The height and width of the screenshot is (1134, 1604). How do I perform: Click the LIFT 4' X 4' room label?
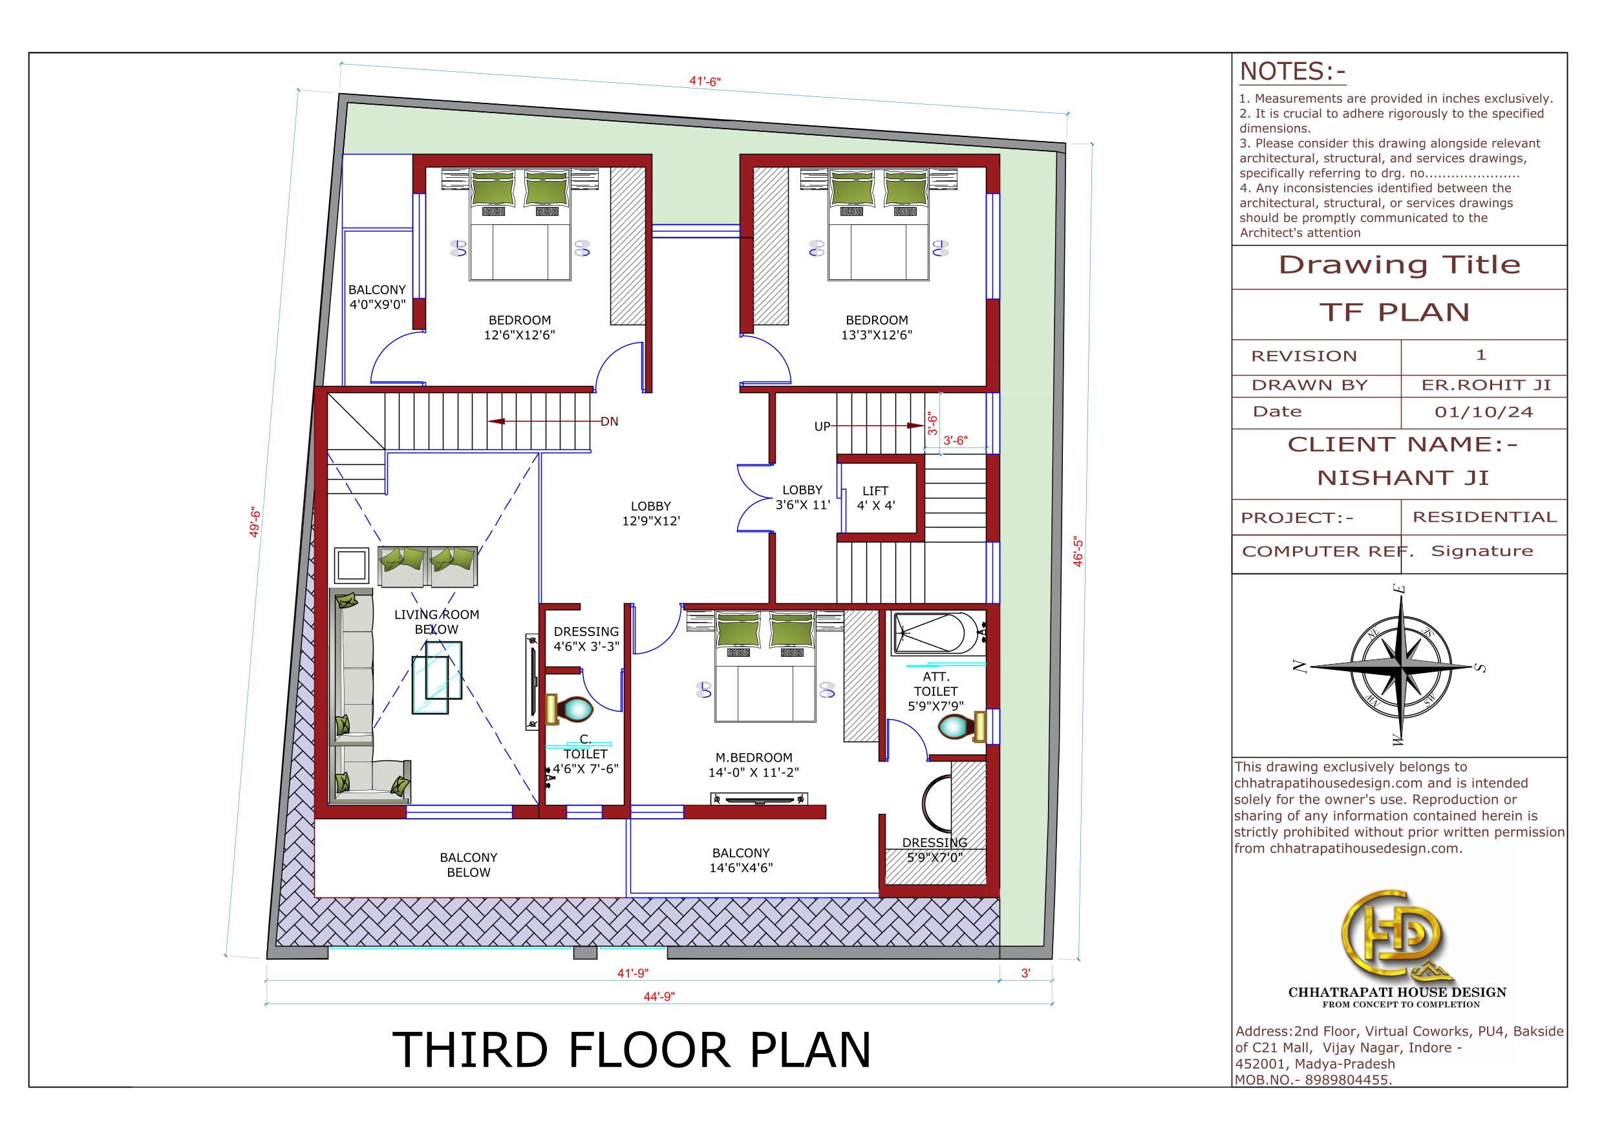[x=875, y=498]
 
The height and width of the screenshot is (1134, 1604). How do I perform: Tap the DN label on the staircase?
[x=609, y=422]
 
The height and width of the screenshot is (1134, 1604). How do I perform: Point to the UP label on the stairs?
[x=822, y=426]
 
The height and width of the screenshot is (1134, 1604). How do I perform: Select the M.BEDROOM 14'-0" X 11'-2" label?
[x=754, y=765]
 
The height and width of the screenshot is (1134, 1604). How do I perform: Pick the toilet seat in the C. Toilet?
[x=570, y=709]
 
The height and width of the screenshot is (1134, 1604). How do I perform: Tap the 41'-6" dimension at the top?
[x=705, y=81]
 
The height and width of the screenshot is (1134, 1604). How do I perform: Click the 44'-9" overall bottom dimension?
[x=659, y=996]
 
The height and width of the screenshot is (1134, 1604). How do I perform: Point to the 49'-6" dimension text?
[x=255, y=522]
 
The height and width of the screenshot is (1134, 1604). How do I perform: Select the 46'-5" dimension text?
[x=1078, y=552]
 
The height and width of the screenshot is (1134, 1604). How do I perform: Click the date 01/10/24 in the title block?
[x=1484, y=412]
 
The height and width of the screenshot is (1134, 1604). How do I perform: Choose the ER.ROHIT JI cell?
[x=1486, y=385]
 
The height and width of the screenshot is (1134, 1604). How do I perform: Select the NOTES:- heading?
[x=1292, y=72]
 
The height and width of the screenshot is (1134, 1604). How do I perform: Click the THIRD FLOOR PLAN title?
[x=632, y=1049]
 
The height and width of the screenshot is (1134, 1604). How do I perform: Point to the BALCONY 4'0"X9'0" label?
[x=378, y=297]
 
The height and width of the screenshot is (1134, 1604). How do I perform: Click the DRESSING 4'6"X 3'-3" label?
[x=586, y=639]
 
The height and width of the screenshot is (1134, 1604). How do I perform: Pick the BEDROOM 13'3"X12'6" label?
[x=877, y=327]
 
